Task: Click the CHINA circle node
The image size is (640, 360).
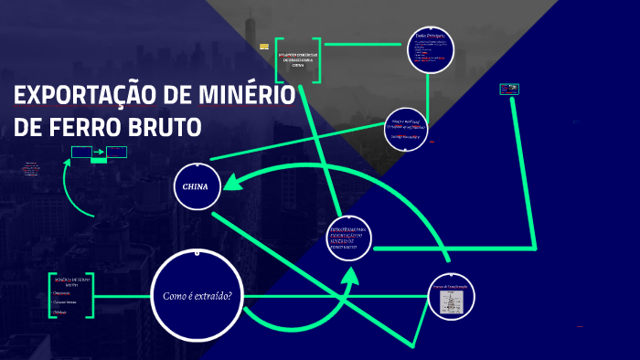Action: [x=196, y=186]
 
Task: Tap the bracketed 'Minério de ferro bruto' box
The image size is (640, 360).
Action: [x=70, y=294]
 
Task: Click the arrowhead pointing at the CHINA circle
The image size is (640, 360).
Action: [x=230, y=183]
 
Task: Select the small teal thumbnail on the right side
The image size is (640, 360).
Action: [x=508, y=89]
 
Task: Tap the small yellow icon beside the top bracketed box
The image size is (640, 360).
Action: [x=264, y=47]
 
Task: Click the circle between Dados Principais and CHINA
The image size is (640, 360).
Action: [x=406, y=130]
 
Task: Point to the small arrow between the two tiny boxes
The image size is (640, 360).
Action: [x=98, y=151]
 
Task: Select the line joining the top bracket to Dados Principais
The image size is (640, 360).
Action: [x=364, y=41]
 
